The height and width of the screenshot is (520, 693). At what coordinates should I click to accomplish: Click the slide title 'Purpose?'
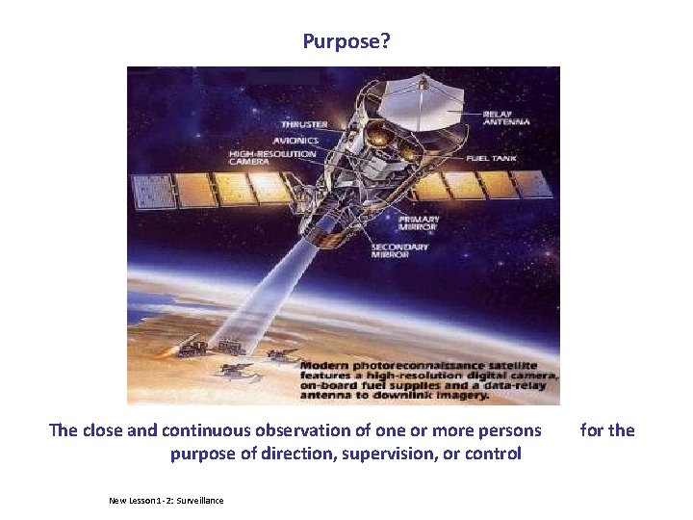point(346,41)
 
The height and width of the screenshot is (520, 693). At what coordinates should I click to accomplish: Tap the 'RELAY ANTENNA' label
point(505,117)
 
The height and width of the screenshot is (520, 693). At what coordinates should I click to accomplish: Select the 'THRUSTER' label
point(304,124)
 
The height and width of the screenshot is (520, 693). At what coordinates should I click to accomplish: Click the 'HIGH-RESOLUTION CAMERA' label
point(272,157)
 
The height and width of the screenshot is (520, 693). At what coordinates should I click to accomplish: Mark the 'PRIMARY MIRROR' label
point(420,221)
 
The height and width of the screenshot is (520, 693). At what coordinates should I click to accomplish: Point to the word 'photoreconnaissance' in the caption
point(417,366)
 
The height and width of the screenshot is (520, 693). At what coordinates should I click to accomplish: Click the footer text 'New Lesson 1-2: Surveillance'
point(166,501)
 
